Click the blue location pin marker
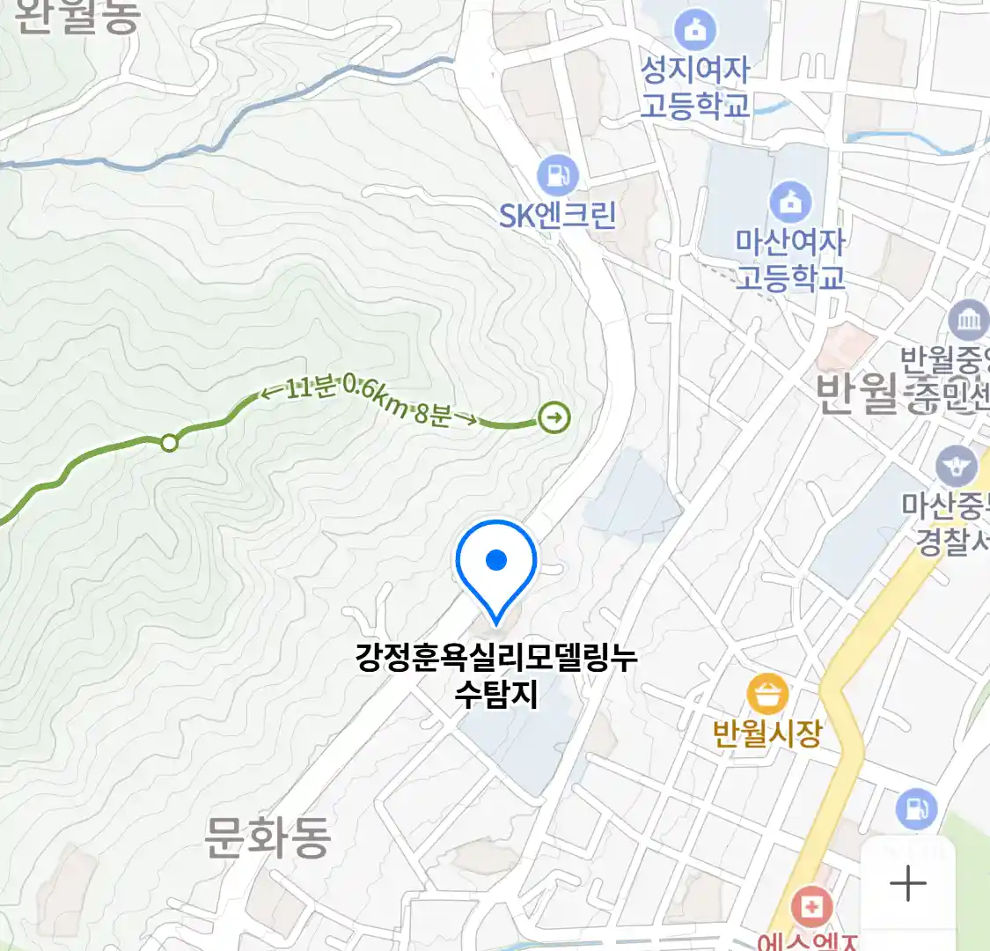496,564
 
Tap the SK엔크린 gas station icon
556,174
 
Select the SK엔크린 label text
557,215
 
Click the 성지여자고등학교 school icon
696,31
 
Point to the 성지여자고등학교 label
694,87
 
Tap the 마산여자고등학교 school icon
790,202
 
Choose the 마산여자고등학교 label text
790,259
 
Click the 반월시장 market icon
767,694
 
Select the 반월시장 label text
767,733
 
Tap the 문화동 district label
268,837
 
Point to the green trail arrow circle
554,417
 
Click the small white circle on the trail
169,443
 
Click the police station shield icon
956,466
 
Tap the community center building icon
968,319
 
